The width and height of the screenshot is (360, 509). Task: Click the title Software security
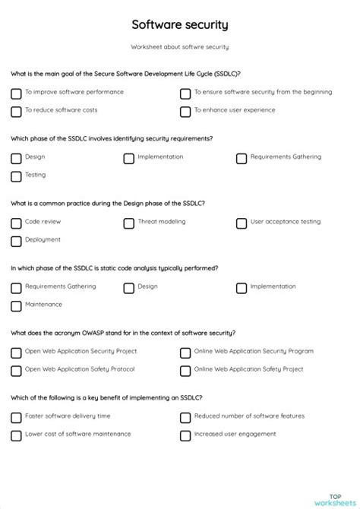[180, 25]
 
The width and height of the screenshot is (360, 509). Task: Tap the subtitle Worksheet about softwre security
[180, 47]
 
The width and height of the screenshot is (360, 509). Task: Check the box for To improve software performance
[16, 93]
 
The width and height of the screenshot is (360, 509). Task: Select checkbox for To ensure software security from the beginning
[185, 93]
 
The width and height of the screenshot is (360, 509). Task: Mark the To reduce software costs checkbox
[16, 112]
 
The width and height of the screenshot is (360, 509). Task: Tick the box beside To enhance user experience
[185, 112]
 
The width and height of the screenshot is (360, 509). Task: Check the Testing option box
[16, 176]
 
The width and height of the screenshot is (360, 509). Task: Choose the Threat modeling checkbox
[129, 223]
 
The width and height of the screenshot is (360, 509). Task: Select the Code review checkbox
[16, 223]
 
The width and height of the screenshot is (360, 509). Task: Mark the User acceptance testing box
[242, 223]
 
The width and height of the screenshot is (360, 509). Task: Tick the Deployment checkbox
[16, 242]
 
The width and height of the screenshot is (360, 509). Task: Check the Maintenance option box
[16, 306]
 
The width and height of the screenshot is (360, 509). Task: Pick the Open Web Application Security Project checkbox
[16, 353]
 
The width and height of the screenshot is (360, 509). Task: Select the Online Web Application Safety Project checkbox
[185, 371]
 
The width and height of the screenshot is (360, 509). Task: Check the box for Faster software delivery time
[16, 417]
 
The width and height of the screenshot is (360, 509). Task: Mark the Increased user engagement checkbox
[185, 435]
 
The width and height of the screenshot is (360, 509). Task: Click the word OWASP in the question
[90, 333]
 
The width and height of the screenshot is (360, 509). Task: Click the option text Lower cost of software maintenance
[77, 435]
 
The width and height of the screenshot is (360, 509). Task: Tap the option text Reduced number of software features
[249, 416]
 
